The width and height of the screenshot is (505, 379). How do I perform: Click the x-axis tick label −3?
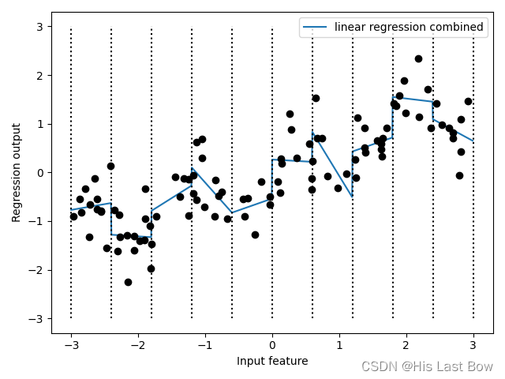coord(71,345)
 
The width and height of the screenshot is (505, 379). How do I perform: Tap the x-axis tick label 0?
coord(272,345)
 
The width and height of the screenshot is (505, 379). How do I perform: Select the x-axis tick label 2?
coord(406,345)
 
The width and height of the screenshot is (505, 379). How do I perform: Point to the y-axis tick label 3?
coord(39,27)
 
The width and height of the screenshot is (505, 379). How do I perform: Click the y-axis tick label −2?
coord(36,270)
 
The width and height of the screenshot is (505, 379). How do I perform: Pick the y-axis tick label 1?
coord(39,124)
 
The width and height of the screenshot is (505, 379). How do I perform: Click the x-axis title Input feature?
coord(272,361)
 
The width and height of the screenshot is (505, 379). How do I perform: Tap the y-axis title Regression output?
coord(16,173)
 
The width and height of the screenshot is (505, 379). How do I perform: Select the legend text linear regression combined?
coord(409,27)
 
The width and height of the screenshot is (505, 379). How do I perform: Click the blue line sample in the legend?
coord(315,27)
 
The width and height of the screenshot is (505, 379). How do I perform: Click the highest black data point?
coord(418,58)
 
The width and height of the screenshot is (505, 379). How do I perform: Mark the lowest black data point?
coord(128,282)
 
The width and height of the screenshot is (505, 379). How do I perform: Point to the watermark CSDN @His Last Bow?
coord(427,366)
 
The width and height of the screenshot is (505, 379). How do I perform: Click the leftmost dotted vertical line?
coord(71,173)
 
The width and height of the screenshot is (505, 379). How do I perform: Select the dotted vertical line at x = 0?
coord(272,173)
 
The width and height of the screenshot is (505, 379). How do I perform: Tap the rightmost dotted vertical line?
coord(473,173)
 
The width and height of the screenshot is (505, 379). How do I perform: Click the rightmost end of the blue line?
coord(473,141)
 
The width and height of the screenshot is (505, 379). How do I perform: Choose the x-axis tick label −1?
coord(205,345)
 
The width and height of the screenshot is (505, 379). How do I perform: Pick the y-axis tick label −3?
coord(36,319)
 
